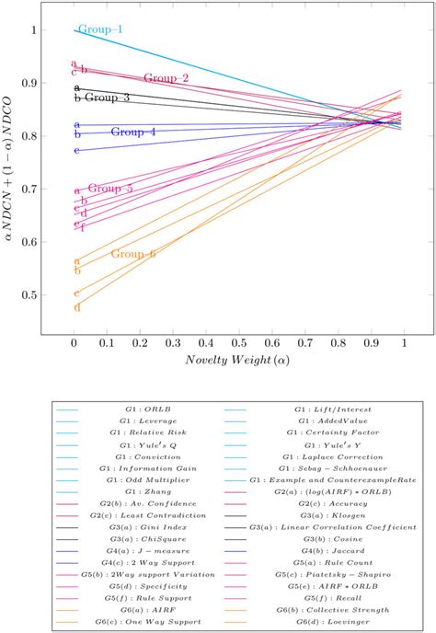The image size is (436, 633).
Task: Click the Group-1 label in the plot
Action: (x=100, y=29)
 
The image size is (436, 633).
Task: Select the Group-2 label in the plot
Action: (x=166, y=78)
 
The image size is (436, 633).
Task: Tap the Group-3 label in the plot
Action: (x=107, y=97)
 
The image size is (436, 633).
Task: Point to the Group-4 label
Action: (x=133, y=132)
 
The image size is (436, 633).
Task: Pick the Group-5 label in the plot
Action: (x=110, y=188)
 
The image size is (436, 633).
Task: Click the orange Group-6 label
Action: (x=133, y=253)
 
